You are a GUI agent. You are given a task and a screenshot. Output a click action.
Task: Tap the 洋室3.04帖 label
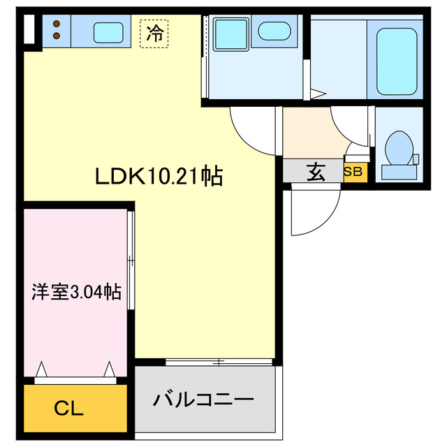(x=76, y=291)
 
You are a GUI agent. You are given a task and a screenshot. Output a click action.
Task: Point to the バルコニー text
(x=203, y=401)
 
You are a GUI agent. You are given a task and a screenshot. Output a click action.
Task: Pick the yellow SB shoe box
(x=353, y=172)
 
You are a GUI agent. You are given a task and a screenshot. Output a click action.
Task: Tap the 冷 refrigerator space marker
(x=155, y=34)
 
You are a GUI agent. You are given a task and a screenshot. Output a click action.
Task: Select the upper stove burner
(x=57, y=23)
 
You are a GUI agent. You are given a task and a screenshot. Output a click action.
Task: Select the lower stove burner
(x=57, y=36)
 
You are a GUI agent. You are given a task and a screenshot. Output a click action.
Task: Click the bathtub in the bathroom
(x=396, y=61)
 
